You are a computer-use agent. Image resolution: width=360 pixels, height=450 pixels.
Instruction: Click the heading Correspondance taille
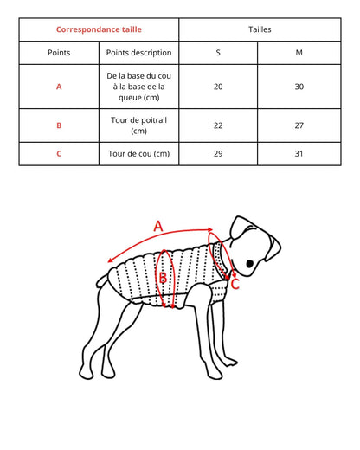click(x=98, y=29)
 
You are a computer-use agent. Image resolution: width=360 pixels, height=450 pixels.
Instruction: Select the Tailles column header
click(x=259, y=29)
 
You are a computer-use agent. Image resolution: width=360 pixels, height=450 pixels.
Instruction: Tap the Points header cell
click(x=59, y=52)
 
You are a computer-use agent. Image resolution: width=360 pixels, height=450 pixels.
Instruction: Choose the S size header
click(x=218, y=52)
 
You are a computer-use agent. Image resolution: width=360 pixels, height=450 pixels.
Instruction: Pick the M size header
click(x=299, y=52)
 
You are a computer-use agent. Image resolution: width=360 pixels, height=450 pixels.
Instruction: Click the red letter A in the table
click(x=59, y=87)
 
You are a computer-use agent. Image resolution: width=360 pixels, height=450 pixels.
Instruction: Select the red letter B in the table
click(x=59, y=125)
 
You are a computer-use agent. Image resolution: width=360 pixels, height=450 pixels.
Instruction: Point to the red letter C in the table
click(x=59, y=154)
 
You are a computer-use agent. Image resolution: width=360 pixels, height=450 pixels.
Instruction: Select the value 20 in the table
click(x=218, y=87)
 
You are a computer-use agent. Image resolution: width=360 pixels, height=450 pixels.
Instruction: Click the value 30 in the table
click(x=299, y=87)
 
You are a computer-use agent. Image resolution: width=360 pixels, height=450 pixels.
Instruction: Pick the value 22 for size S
click(x=218, y=125)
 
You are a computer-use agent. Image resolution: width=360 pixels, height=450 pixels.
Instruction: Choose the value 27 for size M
click(x=299, y=125)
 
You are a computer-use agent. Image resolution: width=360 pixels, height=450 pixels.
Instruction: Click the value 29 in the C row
click(x=218, y=154)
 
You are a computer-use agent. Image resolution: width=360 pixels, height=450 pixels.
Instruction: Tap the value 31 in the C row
click(x=299, y=154)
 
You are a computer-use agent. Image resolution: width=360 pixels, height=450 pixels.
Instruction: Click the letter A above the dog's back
click(x=158, y=226)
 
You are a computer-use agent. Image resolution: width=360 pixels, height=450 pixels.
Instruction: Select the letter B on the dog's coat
click(x=163, y=278)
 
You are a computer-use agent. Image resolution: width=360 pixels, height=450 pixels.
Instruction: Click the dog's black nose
click(x=250, y=263)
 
